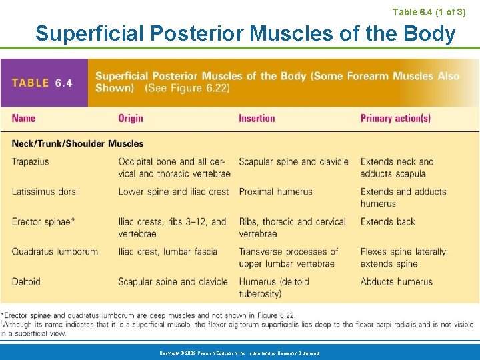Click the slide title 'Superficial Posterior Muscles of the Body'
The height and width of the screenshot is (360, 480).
(x=245, y=33)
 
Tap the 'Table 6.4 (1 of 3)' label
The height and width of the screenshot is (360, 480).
(x=429, y=11)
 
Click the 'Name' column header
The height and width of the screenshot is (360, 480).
(x=23, y=119)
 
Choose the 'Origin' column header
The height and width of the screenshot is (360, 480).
(x=131, y=119)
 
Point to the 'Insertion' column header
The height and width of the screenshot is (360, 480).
(x=257, y=119)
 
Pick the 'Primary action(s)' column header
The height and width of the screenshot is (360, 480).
(x=395, y=119)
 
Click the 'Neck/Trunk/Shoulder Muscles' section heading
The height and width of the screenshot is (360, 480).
(x=77, y=143)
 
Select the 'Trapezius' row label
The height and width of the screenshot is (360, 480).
(x=30, y=161)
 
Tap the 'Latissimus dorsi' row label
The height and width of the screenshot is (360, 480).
(x=44, y=191)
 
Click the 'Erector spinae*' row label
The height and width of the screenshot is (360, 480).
(x=43, y=221)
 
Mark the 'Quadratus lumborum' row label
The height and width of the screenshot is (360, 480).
(x=55, y=252)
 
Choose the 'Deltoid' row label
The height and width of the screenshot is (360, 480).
(x=26, y=281)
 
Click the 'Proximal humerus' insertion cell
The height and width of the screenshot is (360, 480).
(x=275, y=191)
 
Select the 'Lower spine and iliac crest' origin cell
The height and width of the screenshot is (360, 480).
(x=173, y=191)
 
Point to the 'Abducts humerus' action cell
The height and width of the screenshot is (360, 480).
(x=396, y=281)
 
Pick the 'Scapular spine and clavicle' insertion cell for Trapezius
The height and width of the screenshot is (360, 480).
(x=293, y=161)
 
